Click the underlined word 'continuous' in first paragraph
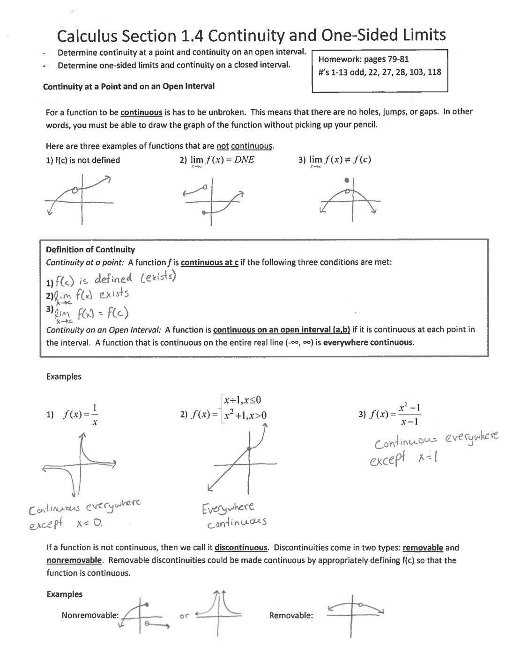click(141, 112)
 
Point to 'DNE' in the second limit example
click(244, 160)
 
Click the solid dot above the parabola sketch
click(347, 180)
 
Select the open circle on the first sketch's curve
click(75, 190)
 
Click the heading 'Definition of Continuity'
click(90, 250)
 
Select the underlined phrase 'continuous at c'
click(209, 263)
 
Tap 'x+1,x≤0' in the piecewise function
click(242, 400)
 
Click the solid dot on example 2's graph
click(249, 448)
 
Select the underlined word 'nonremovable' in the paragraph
click(74, 560)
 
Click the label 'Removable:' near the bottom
click(291, 616)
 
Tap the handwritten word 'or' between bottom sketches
click(184, 616)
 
